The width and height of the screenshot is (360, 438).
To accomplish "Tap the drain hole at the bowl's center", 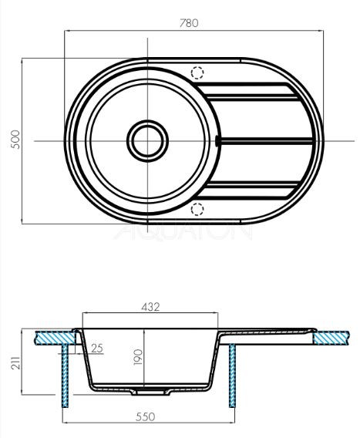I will pos(146,140).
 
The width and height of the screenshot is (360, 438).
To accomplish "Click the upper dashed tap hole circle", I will pos(198,73).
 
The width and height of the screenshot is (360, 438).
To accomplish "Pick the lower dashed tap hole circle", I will pos(198,207).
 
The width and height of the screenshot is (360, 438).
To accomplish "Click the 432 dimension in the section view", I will pos(150,306).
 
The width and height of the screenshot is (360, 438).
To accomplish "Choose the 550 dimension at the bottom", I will pos(146,417).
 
